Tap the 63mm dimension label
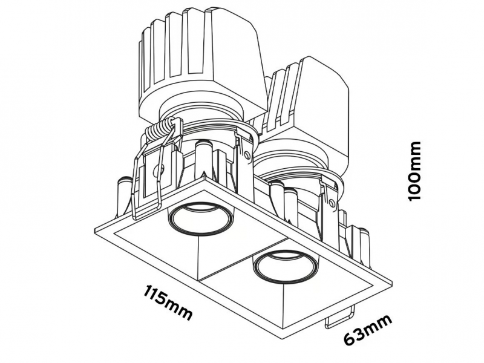(368, 330)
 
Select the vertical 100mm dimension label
(414, 171)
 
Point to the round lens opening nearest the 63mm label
(284, 267)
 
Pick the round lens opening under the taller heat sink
(200, 219)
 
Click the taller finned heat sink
(201, 62)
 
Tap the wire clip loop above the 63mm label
(339, 318)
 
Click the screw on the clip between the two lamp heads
(247, 154)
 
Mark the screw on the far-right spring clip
(332, 203)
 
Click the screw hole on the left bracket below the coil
(159, 169)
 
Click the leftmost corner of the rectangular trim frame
(94, 229)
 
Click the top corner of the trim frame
(204, 177)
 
